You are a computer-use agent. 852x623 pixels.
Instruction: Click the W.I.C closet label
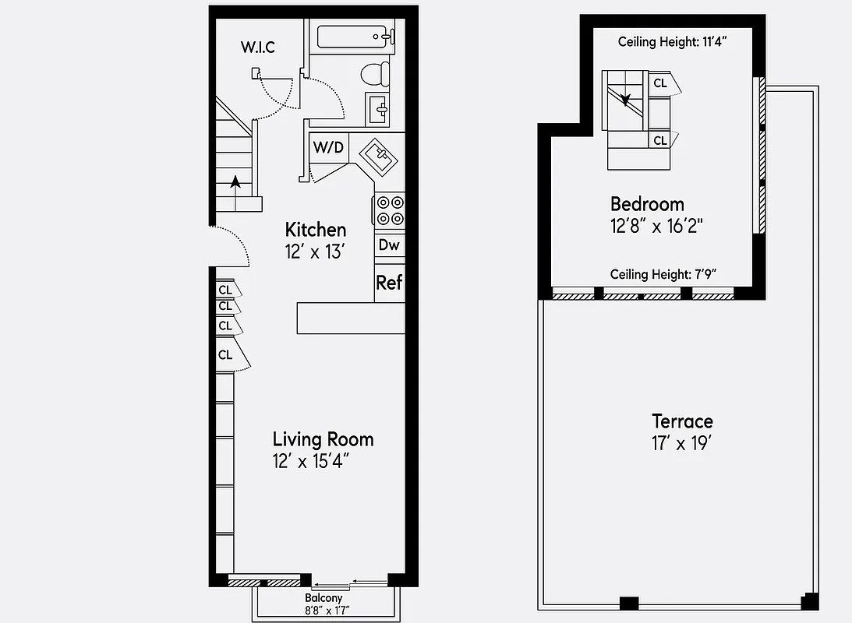pyautogui.click(x=257, y=47)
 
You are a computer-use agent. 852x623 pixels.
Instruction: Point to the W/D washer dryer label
pyautogui.click(x=328, y=147)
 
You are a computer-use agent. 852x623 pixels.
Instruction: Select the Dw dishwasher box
pyautogui.click(x=389, y=245)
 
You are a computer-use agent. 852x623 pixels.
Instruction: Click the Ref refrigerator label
pyautogui.click(x=389, y=282)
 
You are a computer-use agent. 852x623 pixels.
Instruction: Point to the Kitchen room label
pyautogui.click(x=315, y=230)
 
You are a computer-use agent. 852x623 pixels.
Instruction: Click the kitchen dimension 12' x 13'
pyautogui.click(x=315, y=252)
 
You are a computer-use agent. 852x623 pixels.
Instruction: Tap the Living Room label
pyautogui.click(x=323, y=439)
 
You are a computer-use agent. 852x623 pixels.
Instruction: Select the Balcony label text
pyautogui.click(x=323, y=598)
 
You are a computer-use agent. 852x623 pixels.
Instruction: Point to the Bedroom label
pyautogui.click(x=647, y=204)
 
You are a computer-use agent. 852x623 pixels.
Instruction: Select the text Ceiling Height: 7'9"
pyautogui.click(x=663, y=274)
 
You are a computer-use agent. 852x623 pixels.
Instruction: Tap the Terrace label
pyautogui.click(x=682, y=421)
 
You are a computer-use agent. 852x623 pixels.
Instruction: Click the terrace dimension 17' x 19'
pyautogui.click(x=682, y=444)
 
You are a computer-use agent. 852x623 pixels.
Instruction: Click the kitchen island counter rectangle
pyautogui.click(x=351, y=319)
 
